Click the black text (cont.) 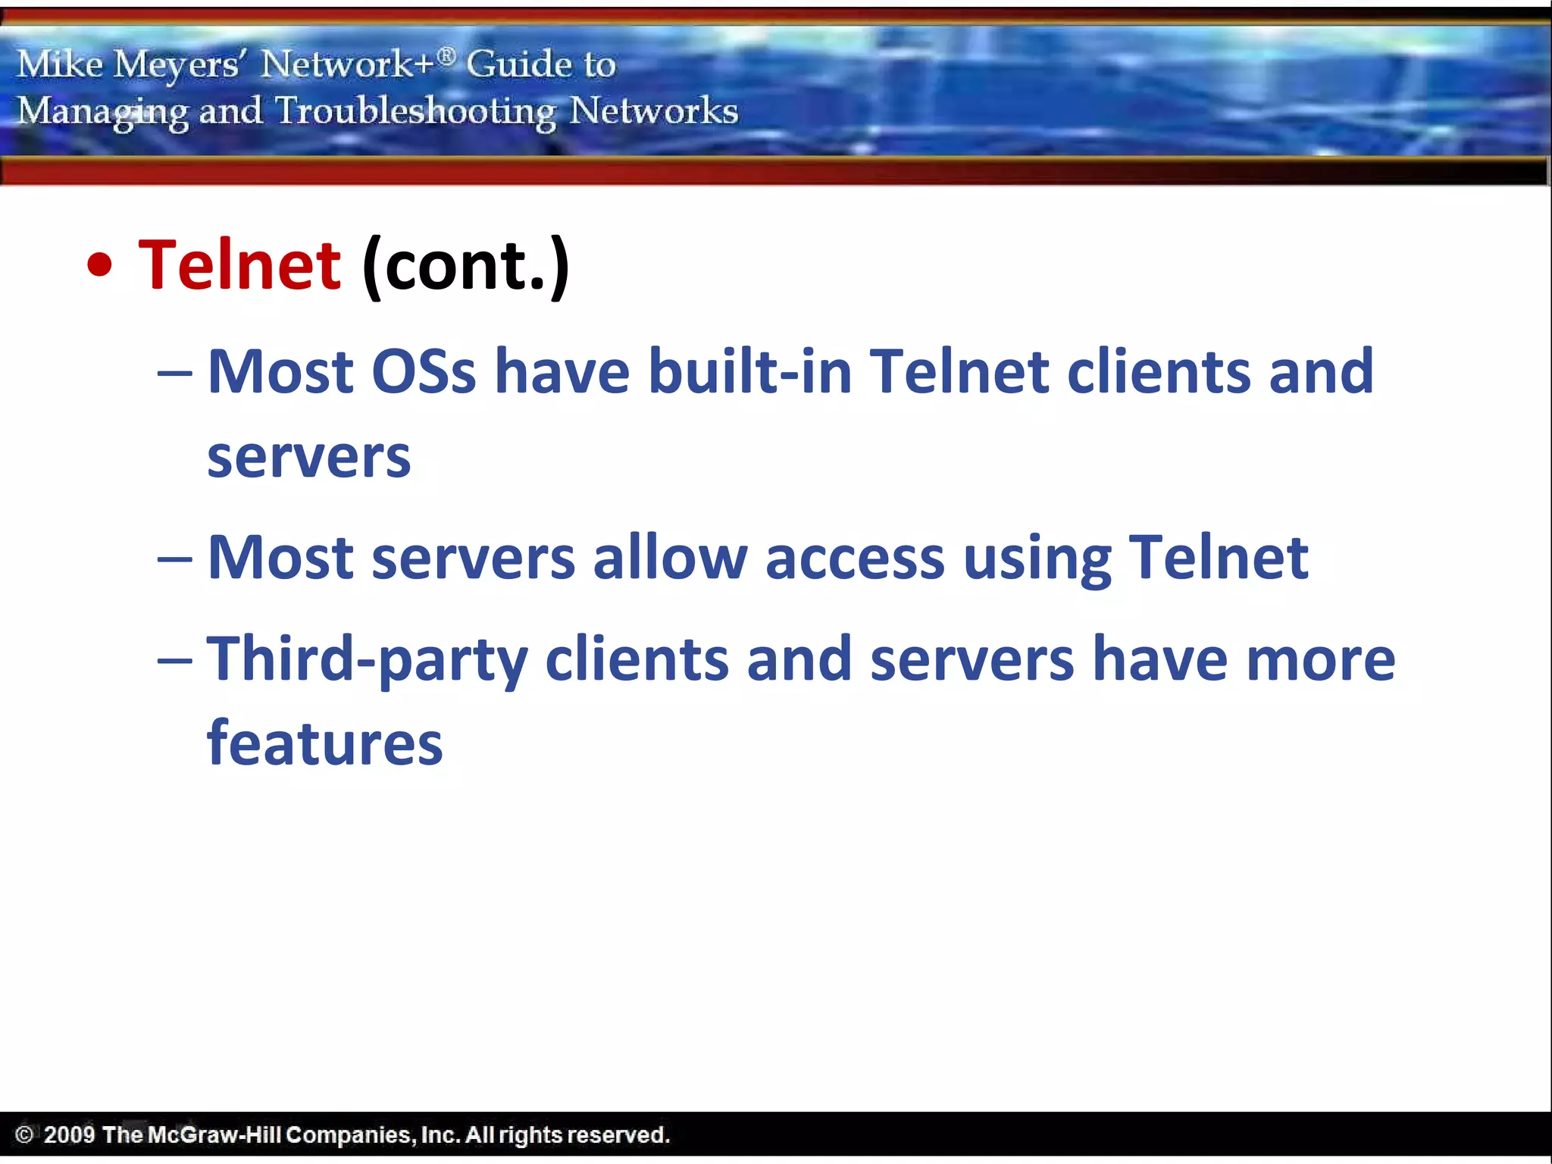tap(465, 266)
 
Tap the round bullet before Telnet tap(99, 265)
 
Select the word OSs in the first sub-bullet tap(424, 371)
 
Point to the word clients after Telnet tap(1159, 371)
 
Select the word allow tap(670, 558)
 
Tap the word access tap(855, 558)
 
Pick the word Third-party tap(367, 659)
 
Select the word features tap(324, 743)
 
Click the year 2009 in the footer tap(69, 1134)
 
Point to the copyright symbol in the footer tap(24, 1134)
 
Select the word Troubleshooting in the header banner tap(415, 111)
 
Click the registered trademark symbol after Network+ tap(447, 55)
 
